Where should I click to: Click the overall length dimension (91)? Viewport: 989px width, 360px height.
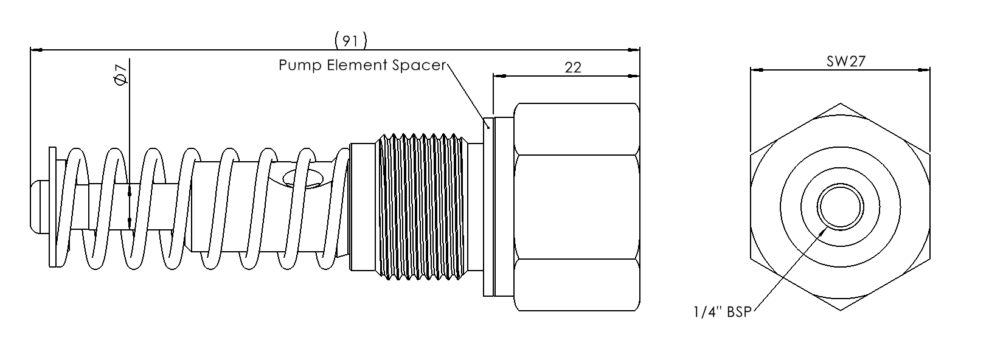click(351, 41)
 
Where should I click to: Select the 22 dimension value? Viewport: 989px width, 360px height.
click(573, 67)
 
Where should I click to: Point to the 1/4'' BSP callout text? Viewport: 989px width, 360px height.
click(722, 313)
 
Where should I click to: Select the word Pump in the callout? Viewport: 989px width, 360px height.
click(297, 65)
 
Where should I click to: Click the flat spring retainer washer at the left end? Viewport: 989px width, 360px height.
click(53, 207)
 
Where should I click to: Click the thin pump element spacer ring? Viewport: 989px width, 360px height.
click(487, 207)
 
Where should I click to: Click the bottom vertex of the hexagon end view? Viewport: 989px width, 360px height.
click(840, 311)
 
